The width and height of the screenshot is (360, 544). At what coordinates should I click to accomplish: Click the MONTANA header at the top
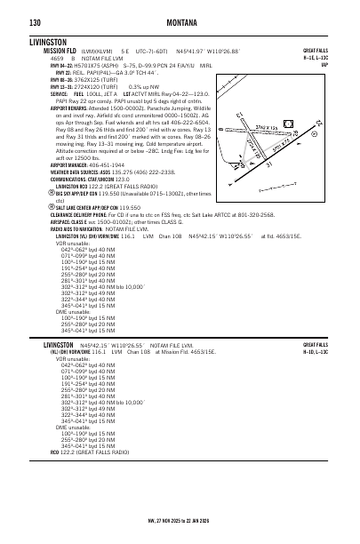tap(180, 20)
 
